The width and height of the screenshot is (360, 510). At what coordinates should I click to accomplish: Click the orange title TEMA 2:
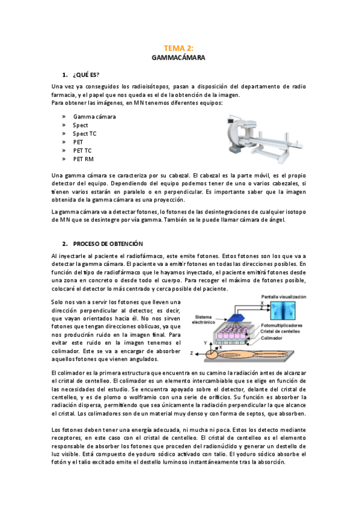[x=179, y=48]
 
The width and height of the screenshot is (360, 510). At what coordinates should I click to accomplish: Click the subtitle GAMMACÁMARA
[x=179, y=58]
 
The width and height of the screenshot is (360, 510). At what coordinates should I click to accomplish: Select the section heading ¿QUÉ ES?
[x=85, y=75]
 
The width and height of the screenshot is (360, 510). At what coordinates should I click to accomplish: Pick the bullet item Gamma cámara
[x=94, y=117]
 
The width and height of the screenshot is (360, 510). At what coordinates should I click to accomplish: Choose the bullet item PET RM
[x=84, y=159]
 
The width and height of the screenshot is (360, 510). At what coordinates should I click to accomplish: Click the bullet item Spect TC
[x=84, y=134]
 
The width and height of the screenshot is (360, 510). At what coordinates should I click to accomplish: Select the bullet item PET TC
[x=82, y=150]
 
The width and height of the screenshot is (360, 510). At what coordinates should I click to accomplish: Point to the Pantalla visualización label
[x=283, y=297]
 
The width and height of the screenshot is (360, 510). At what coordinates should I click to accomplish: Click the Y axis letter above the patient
[x=221, y=340]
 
